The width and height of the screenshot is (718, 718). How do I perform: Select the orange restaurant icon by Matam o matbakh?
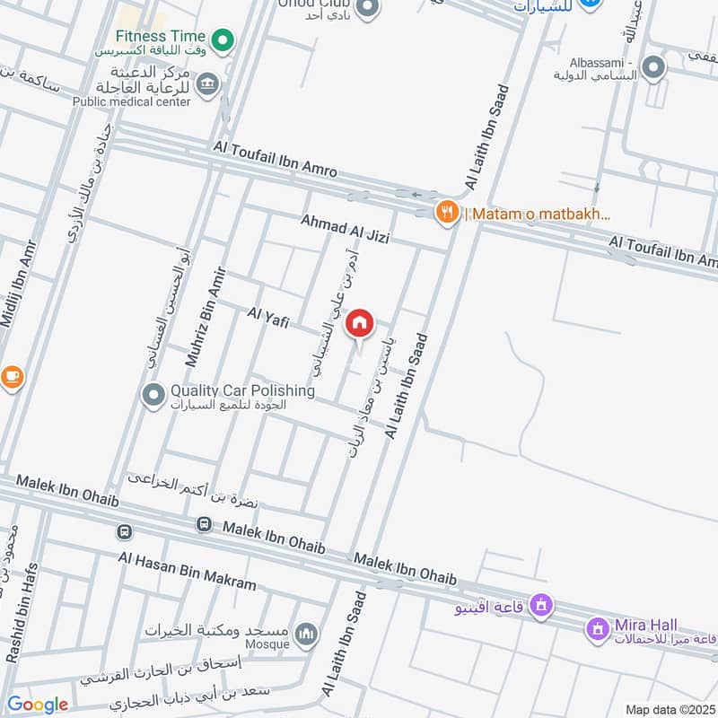pyautogui.click(x=445, y=213)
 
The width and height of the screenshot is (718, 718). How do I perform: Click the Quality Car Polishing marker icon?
pyautogui.click(x=153, y=393)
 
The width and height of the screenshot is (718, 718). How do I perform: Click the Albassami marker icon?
pyautogui.click(x=653, y=66)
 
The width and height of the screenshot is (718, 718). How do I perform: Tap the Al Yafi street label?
pyautogui.click(x=267, y=316)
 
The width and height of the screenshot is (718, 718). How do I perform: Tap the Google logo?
pyautogui.click(x=38, y=705)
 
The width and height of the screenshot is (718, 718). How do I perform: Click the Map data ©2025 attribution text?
pyautogui.click(x=669, y=709)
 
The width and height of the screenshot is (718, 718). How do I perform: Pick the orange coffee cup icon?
pyautogui.click(x=11, y=377)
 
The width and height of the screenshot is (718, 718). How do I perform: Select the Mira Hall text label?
pyautogui.click(x=646, y=625)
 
